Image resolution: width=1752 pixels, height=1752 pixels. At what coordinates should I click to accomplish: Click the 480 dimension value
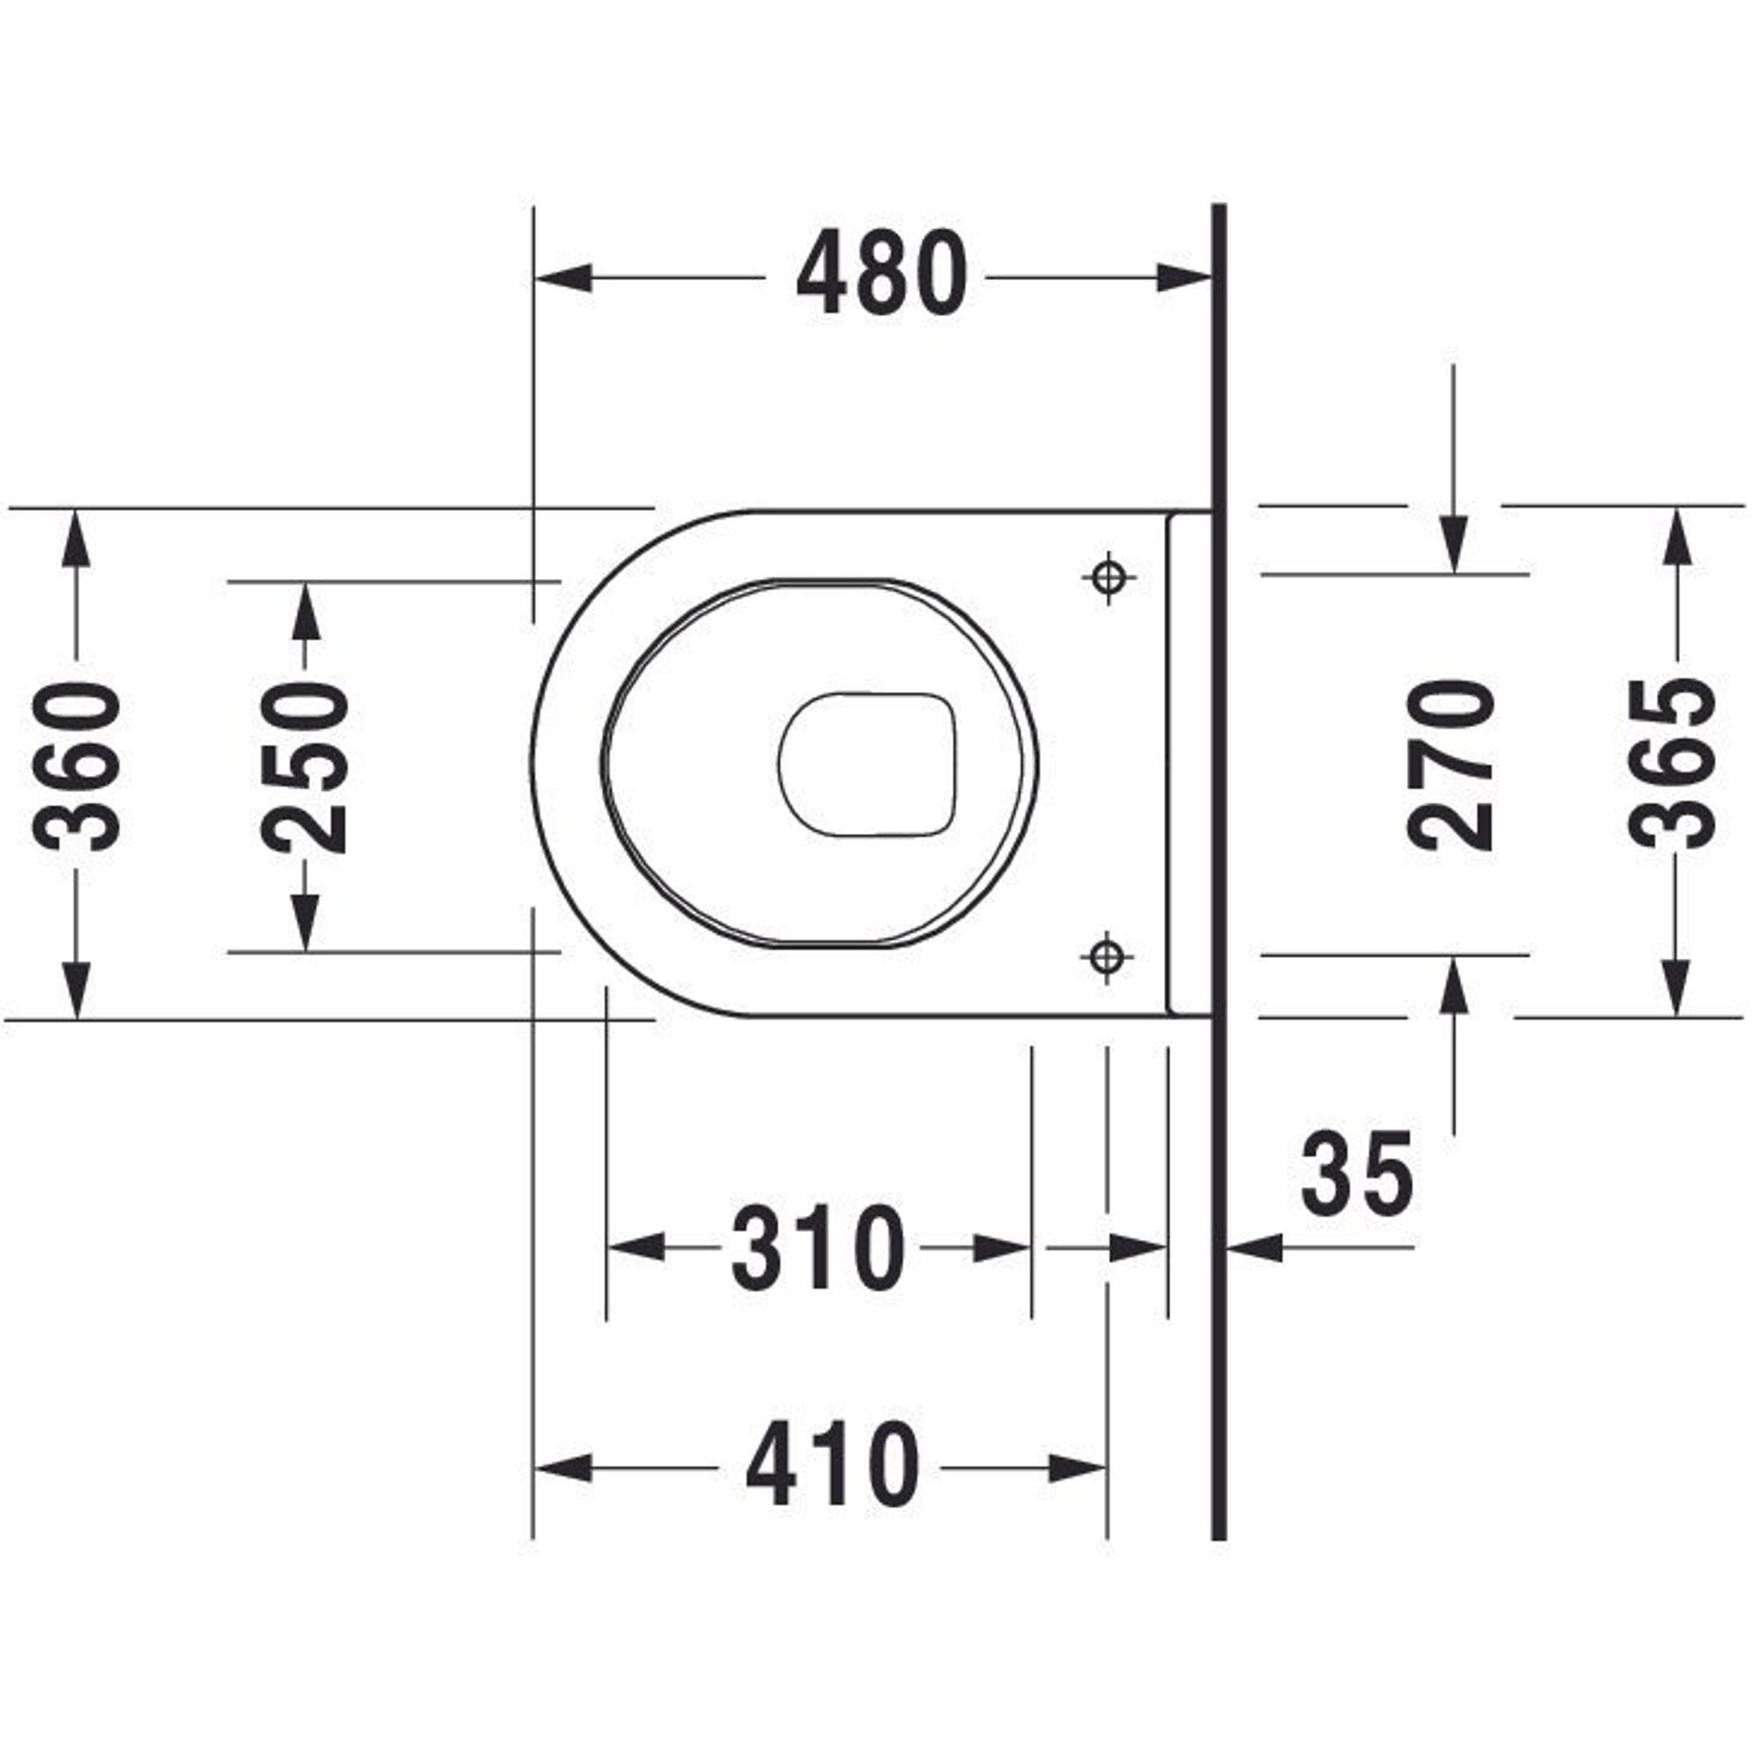881,273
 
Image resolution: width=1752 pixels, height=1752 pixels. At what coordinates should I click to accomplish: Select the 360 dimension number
76,766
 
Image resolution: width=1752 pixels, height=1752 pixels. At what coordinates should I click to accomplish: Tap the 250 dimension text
304,767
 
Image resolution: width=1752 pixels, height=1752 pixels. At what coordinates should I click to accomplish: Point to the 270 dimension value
1451,766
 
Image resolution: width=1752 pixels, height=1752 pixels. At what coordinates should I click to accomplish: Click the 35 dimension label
1357,1175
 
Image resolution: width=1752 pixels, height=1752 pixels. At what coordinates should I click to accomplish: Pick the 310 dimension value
818,1247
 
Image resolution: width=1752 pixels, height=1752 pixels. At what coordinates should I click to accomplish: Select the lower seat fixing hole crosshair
1106,956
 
